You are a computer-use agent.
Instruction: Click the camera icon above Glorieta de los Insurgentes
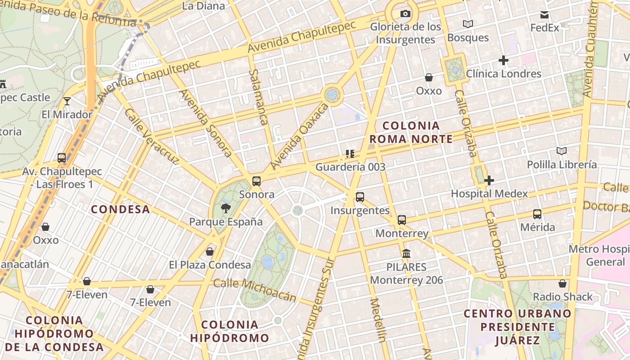(x=405, y=14)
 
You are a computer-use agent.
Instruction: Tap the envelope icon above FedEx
(x=545, y=15)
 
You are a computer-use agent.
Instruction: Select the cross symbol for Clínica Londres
(x=504, y=60)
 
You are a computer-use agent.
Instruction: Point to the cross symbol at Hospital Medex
(x=489, y=180)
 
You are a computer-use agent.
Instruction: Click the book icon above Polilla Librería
(x=562, y=151)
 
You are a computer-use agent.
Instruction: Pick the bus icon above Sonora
(x=256, y=181)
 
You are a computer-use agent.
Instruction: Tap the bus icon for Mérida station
(x=537, y=214)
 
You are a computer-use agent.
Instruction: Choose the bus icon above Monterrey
(x=402, y=220)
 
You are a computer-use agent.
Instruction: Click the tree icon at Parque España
(x=225, y=208)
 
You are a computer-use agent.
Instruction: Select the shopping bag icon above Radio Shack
(x=562, y=283)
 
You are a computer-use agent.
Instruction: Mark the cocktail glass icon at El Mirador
(x=67, y=101)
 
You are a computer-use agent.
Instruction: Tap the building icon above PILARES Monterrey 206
(x=406, y=254)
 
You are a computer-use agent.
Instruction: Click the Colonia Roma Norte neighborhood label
(x=411, y=132)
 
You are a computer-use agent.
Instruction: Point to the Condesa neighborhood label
(x=121, y=209)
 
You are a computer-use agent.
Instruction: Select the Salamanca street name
(x=258, y=97)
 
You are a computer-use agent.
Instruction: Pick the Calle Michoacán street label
(x=255, y=289)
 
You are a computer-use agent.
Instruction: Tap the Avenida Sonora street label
(x=206, y=123)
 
